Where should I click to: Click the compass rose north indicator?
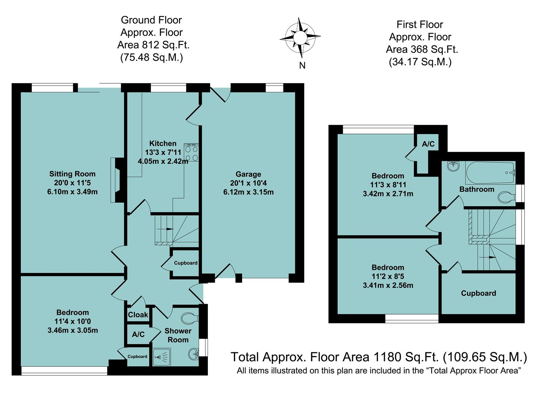300,38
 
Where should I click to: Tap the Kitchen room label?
163,143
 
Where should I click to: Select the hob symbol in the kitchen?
191,153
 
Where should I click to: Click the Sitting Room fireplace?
118,180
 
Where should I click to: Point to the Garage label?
248,174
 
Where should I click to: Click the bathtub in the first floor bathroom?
490,173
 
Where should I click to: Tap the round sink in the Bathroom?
453,166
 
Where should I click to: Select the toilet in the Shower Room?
191,318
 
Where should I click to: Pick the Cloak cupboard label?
138,315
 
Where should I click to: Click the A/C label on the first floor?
428,144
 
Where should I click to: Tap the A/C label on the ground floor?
138,334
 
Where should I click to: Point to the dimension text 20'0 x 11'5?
72,183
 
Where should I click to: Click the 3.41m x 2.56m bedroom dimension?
388,285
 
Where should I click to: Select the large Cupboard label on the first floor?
478,293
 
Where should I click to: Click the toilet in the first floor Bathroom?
506,197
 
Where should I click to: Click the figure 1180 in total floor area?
387,357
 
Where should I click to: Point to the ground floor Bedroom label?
72,313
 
